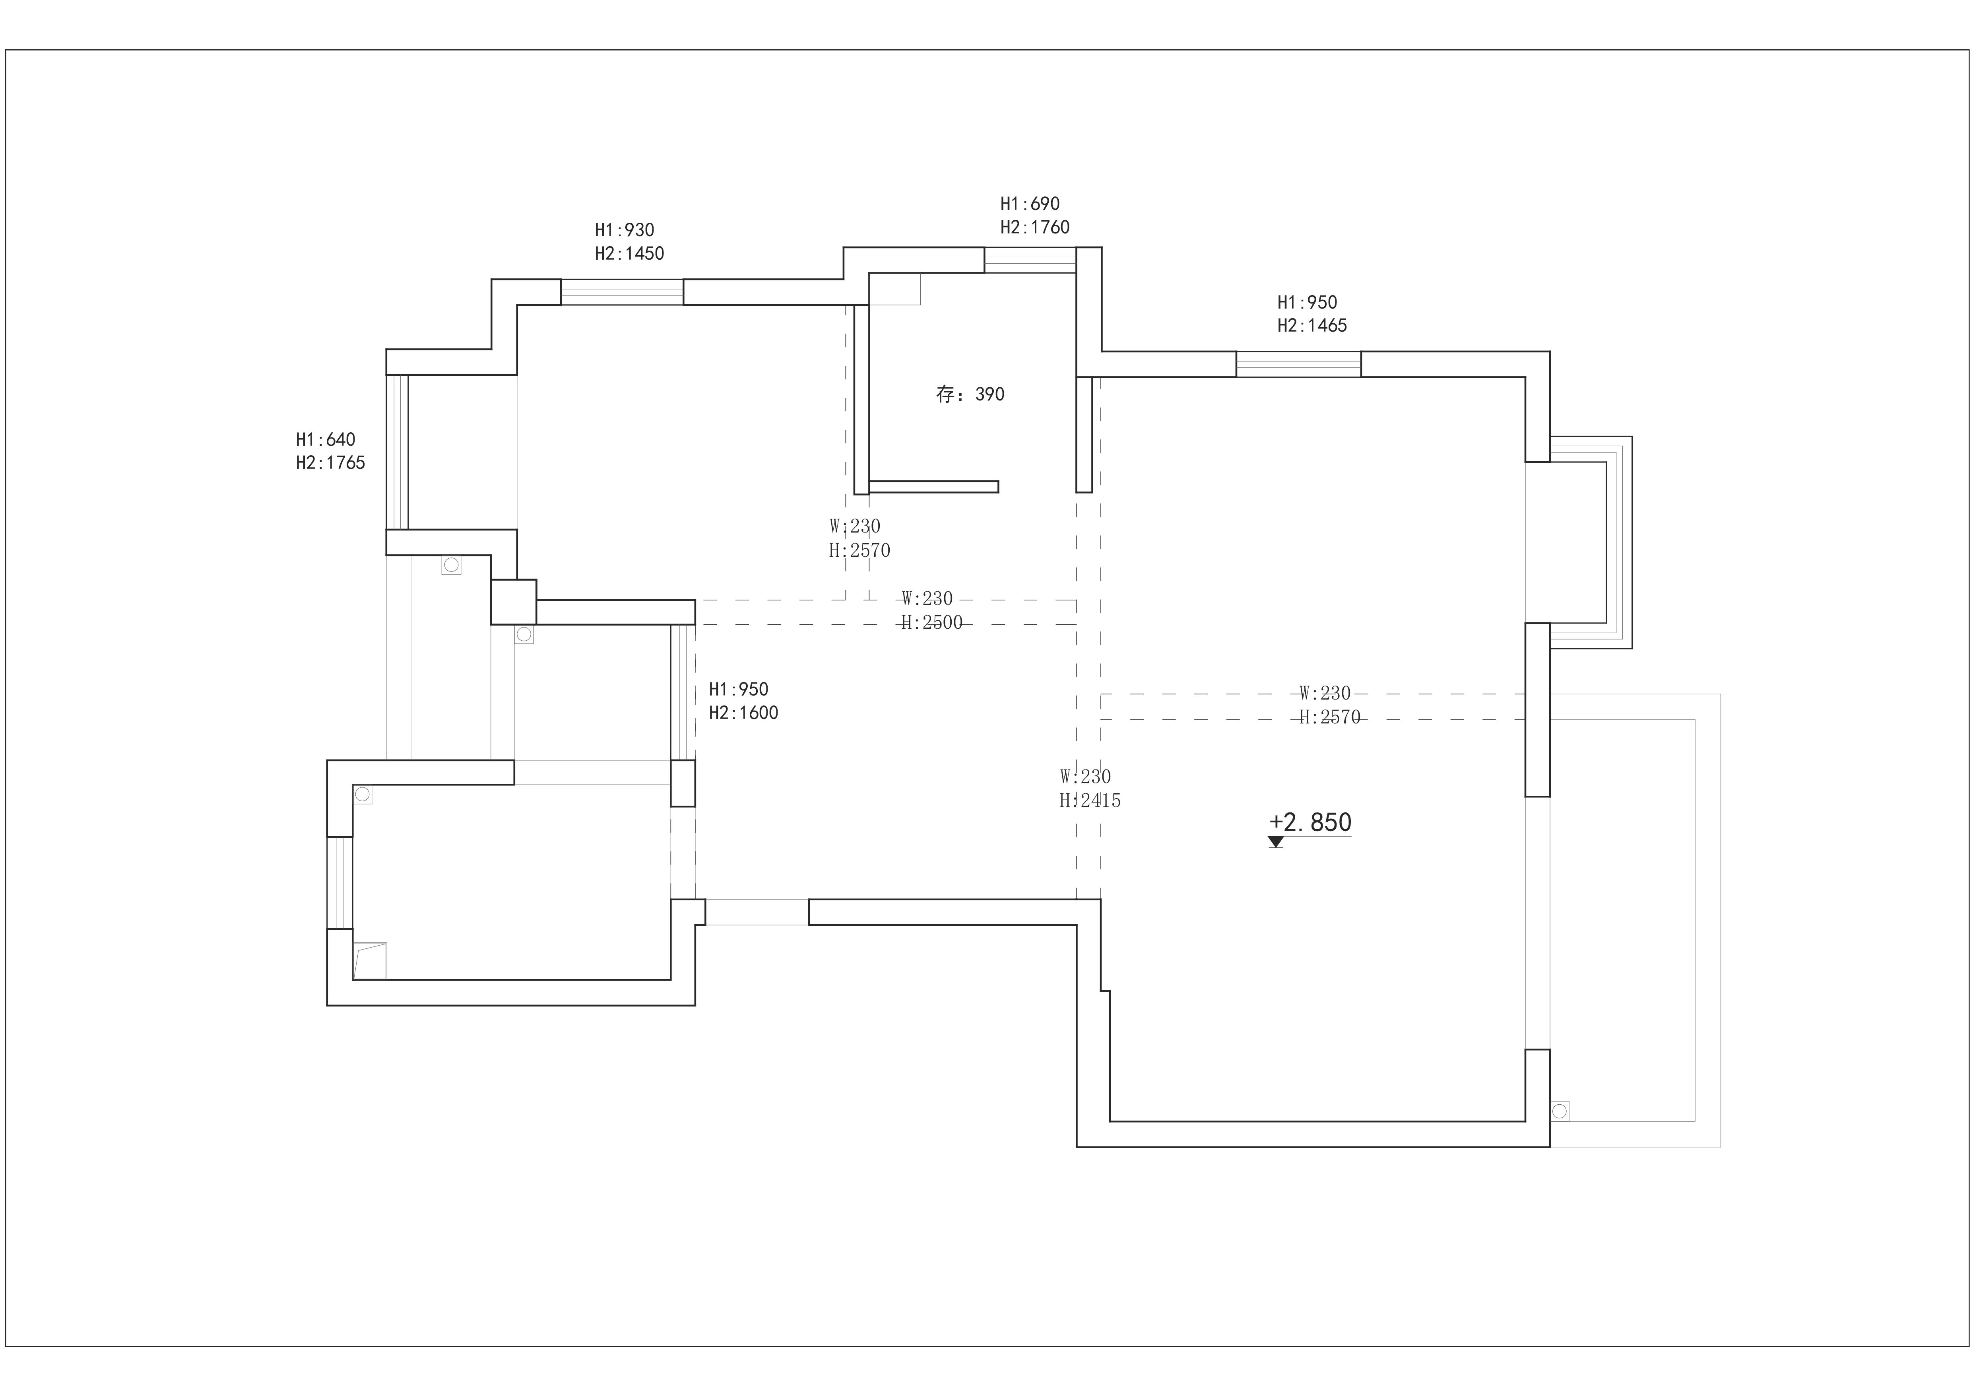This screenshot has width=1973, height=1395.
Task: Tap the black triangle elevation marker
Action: (x=1275, y=841)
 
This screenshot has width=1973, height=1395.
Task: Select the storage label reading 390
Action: (x=970, y=394)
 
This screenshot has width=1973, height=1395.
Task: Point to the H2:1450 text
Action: (x=629, y=254)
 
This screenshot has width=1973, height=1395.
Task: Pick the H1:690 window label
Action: (x=1030, y=204)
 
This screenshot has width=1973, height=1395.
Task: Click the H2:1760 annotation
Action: (x=1035, y=227)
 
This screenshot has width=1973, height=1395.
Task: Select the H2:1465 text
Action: (x=1312, y=326)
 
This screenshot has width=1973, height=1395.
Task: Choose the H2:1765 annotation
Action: (x=330, y=462)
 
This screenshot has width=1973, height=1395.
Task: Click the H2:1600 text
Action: (x=743, y=713)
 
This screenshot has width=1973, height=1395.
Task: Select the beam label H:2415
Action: (x=1090, y=800)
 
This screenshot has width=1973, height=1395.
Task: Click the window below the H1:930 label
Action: (x=622, y=292)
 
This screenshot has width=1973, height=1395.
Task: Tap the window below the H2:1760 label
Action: (x=1030, y=260)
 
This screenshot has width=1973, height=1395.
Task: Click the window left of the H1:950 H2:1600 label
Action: (x=682, y=692)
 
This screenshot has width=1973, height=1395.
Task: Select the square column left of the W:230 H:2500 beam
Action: (x=513, y=602)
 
